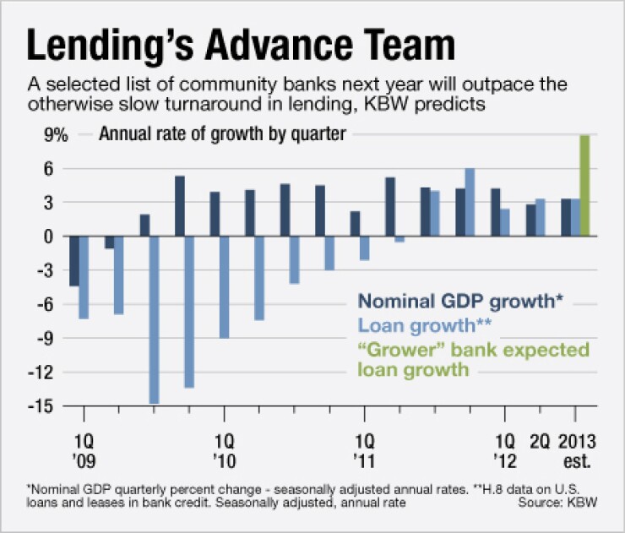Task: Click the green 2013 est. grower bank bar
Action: (x=584, y=186)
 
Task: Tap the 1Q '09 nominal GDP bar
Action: (x=74, y=261)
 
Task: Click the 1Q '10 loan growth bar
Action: (x=225, y=287)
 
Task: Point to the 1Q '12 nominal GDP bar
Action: (x=496, y=212)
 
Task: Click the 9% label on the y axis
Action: (x=44, y=135)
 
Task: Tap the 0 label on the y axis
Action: (x=47, y=237)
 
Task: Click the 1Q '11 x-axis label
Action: (x=364, y=452)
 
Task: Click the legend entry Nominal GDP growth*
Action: (x=461, y=300)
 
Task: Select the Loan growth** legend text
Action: (x=424, y=325)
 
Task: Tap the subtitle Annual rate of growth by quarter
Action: (x=222, y=135)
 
